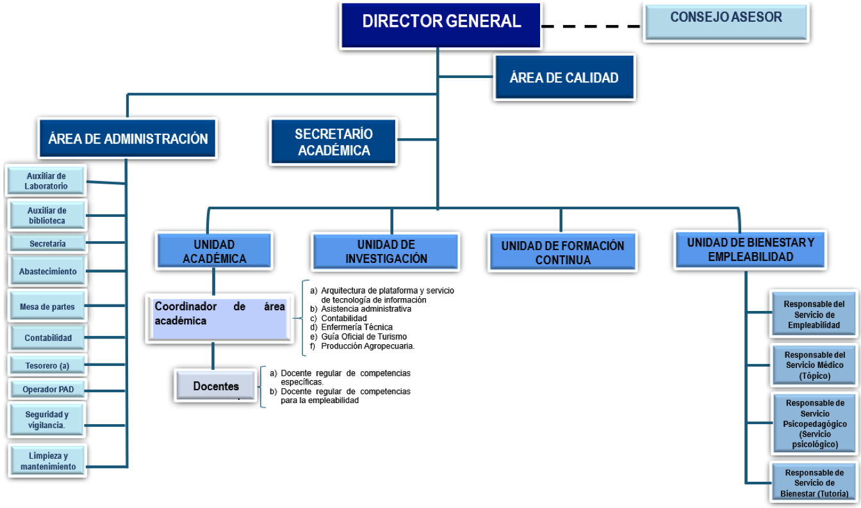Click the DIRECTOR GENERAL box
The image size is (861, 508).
tap(441, 22)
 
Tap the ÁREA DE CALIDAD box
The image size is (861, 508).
tap(564, 77)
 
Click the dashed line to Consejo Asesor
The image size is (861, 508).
tap(591, 27)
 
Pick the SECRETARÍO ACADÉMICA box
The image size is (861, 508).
tap(333, 142)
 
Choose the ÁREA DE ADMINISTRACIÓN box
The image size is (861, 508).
tap(128, 138)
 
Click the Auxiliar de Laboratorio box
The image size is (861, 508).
tap(46, 181)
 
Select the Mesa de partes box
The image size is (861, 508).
tap(47, 306)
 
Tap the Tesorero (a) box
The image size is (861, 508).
tap(47, 366)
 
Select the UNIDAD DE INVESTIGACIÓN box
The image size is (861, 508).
tap(386, 252)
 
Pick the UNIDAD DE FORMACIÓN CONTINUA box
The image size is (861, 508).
tap(562, 253)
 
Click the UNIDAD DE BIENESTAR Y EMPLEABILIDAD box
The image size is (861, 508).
tap(750, 250)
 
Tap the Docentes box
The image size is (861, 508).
tap(216, 386)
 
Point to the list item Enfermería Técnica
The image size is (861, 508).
tap(357, 328)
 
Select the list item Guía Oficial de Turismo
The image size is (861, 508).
tap(363, 337)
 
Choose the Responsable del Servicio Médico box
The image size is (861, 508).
tap(814, 365)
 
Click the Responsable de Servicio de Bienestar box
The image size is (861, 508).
tap(814, 483)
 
